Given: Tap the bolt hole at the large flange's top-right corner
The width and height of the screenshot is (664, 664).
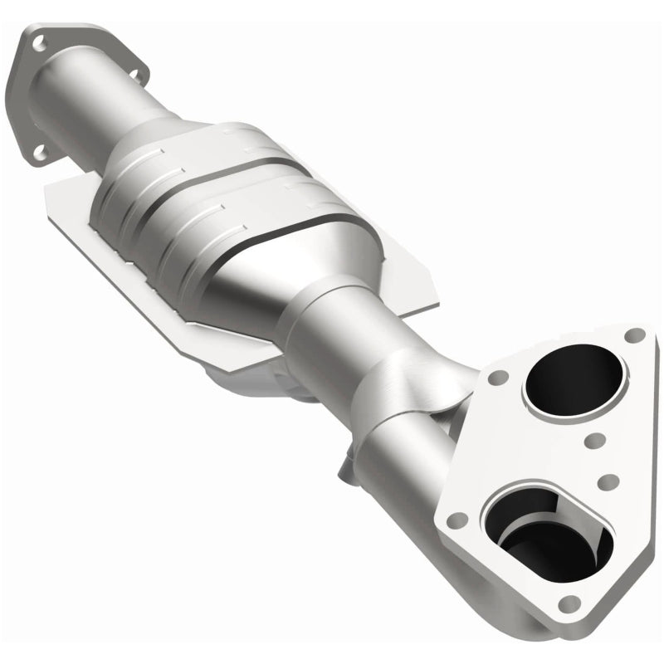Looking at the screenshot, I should coord(635,334).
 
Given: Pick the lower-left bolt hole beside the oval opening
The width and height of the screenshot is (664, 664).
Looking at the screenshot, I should coord(454,521).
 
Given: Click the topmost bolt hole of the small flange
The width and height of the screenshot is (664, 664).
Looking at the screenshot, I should coord(41,36).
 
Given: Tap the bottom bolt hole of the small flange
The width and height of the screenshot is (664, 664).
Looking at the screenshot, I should coord(36,152).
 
